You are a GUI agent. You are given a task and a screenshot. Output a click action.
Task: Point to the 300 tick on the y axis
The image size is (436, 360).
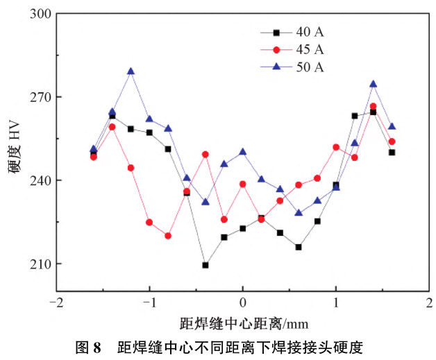click(x=42, y=14)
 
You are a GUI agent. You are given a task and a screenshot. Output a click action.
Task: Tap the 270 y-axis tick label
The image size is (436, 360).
click(x=42, y=97)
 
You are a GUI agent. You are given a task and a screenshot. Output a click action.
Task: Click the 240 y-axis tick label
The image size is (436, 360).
click(x=42, y=180)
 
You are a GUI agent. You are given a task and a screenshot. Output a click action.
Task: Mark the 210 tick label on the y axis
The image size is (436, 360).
click(x=42, y=264)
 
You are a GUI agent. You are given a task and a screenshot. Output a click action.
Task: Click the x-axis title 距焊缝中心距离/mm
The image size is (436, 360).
click(x=243, y=323)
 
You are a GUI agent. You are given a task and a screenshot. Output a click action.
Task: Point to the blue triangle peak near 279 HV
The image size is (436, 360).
click(x=131, y=71)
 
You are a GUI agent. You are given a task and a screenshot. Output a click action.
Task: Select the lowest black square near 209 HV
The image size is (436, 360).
click(x=206, y=265)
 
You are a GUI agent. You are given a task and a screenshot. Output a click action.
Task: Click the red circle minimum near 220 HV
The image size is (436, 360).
click(x=168, y=236)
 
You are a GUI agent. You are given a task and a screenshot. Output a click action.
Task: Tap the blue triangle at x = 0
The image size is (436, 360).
click(x=242, y=151)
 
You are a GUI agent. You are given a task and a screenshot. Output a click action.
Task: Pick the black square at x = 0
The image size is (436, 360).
click(x=242, y=228)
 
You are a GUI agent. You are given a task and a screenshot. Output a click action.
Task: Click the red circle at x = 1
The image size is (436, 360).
click(x=336, y=147)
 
